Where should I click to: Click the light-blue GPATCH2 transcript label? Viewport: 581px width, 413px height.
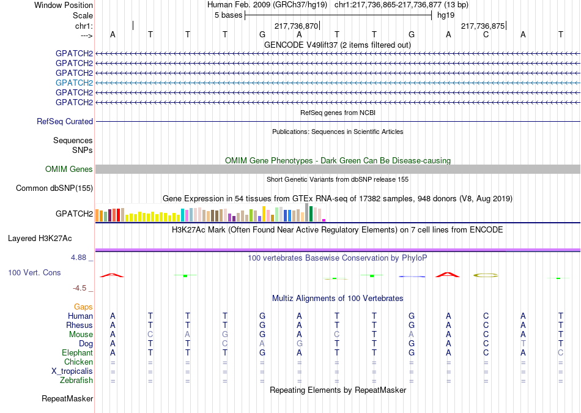[x=74, y=83]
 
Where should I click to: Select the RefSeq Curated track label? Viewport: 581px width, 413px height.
[x=65, y=121]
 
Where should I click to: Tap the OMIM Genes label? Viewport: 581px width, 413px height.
[x=69, y=169]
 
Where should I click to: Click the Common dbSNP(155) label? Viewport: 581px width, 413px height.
[x=54, y=188]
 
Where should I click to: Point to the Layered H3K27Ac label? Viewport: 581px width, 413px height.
[x=40, y=239]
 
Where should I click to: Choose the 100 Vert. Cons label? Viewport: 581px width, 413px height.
[x=34, y=272]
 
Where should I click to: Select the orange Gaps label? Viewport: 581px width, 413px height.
[x=83, y=307]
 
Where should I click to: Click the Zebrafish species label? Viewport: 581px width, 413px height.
[x=76, y=380]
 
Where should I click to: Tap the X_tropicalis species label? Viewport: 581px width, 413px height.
[x=72, y=371]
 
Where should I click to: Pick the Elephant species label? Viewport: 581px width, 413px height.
[x=78, y=352]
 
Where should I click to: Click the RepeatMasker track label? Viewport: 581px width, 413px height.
[x=67, y=398]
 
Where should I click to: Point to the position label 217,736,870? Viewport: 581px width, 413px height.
[x=296, y=26]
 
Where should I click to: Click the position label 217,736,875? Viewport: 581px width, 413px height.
[x=483, y=26]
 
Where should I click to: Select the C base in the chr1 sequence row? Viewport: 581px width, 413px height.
[x=486, y=34]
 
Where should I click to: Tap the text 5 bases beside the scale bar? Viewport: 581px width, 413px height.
[x=228, y=15]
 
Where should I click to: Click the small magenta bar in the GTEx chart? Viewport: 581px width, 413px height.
[x=324, y=220]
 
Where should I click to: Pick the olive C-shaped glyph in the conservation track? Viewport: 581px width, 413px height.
[x=486, y=275]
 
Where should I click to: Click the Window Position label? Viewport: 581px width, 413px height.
[x=64, y=5]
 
